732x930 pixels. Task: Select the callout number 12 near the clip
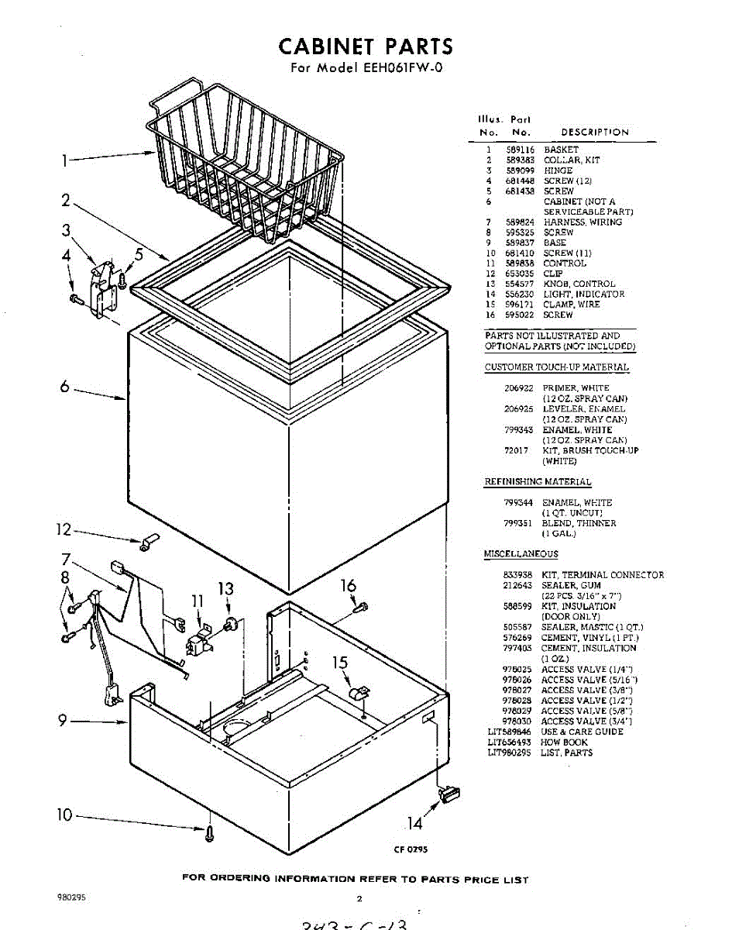(63, 530)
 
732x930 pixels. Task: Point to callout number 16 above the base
(349, 586)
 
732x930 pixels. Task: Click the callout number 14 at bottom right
(414, 823)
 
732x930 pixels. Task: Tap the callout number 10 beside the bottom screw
(64, 815)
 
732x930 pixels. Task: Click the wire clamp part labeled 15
(359, 691)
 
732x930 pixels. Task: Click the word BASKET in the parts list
(561, 150)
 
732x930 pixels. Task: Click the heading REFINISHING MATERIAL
(538, 482)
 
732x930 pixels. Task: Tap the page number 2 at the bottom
(359, 899)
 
